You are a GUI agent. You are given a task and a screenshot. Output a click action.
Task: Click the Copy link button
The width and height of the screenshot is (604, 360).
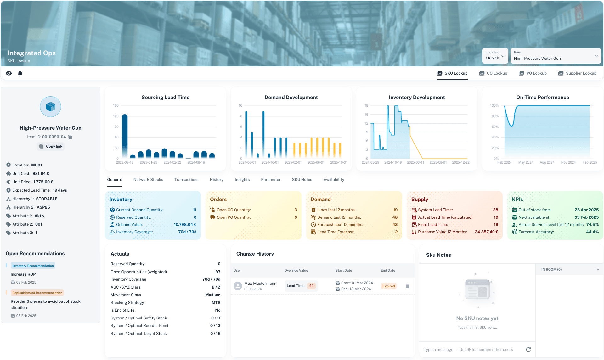(51, 146)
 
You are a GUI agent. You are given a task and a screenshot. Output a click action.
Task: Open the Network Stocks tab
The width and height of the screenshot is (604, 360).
(148, 180)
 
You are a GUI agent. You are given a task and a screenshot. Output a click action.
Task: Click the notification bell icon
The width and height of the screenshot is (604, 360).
(20, 73)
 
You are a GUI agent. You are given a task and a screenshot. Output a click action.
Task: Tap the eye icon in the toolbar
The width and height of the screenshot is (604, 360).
(9, 73)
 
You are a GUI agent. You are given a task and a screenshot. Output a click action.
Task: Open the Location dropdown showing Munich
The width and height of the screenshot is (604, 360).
(495, 56)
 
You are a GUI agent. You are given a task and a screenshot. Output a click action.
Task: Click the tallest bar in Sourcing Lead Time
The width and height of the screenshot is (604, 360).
(125, 135)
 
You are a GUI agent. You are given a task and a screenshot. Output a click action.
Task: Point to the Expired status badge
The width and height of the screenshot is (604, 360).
(388, 286)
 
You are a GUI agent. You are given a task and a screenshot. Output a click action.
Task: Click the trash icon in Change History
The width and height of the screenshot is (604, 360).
(408, 286)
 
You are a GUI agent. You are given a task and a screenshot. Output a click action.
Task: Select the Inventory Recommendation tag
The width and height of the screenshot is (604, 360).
(33, 266)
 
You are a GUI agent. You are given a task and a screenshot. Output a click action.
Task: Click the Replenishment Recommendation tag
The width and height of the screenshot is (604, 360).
(37, 293)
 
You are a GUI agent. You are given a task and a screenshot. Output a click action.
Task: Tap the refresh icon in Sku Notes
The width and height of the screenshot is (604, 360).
(528, 350)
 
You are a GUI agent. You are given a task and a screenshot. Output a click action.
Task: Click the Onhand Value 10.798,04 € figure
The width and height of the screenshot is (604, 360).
(185, 225)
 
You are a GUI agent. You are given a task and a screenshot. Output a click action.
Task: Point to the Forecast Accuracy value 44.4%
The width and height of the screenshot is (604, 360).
(592, 232)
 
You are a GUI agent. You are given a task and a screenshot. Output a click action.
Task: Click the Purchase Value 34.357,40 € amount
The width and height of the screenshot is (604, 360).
(486, 232)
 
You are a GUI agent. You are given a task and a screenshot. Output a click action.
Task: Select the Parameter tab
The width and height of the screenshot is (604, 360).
(271, 180)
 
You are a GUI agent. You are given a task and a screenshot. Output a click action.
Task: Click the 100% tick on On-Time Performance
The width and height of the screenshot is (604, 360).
(494, 106)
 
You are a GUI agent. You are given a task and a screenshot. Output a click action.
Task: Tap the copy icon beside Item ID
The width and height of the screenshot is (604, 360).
(70, 137)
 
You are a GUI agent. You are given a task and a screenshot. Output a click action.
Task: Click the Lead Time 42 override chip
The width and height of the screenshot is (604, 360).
(301, 286)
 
